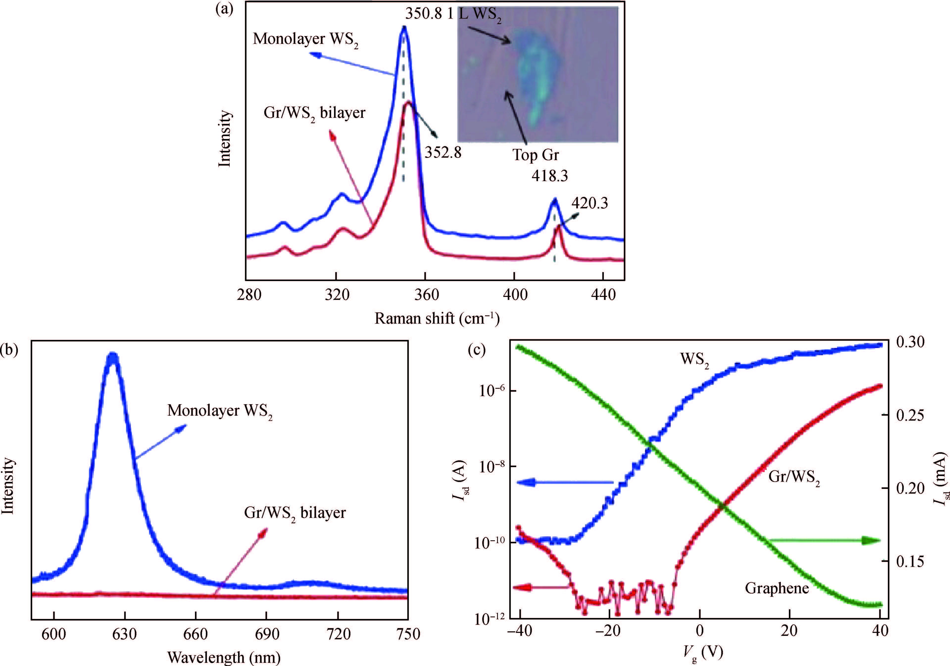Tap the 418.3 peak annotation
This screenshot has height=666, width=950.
click(549, 176)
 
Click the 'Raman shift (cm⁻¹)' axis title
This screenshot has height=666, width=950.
click(437, 318)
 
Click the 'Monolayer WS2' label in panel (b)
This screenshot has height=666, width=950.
click(220, 411)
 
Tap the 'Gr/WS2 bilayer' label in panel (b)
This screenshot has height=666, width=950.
click(294, 513)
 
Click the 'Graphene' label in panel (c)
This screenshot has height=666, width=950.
click(777, 588)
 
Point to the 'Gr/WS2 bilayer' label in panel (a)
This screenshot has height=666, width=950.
click(315, 113)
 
